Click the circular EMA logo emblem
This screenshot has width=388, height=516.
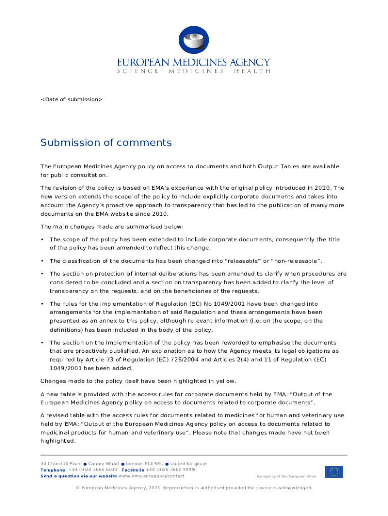pos(194,40)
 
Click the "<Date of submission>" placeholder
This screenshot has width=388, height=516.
pos(72,99)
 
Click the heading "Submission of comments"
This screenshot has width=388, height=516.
pos(106,143)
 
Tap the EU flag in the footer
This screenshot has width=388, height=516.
pos(334,472)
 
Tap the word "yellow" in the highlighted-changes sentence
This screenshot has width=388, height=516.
pos(223,381)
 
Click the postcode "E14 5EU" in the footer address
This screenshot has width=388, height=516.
pos(153,464)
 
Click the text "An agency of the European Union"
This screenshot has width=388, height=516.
pos(287,476)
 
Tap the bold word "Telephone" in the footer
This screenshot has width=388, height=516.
pos(53,470)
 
